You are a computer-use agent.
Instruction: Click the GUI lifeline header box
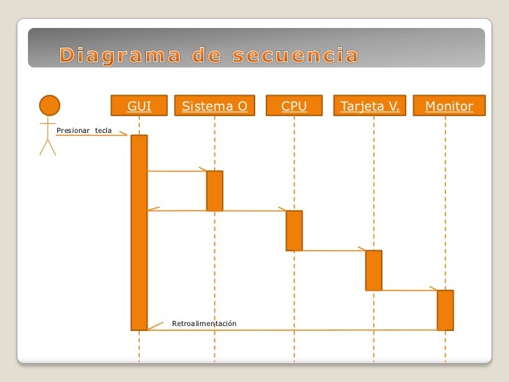tap(139, 106)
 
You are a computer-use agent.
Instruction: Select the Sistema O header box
tap(215, 106)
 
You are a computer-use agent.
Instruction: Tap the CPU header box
tap(294, 106)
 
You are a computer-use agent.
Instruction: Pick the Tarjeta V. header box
tap(370, 106)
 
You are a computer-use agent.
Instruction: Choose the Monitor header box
tap(449, 106)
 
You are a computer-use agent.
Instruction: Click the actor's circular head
tap(49, 106)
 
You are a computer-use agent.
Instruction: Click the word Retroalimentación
tap(204, 323)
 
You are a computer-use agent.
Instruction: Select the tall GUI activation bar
tap(139, 231)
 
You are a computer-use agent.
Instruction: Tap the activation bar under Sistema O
tap(215, 190)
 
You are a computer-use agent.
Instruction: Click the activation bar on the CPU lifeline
tap(294, 230)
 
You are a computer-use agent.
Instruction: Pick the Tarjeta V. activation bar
tap(373, 270)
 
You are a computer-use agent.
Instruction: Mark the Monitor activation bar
tap(445, 309)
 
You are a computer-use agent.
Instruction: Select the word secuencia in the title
tap(294, 55)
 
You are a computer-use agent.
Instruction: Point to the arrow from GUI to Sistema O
tap(176, 171)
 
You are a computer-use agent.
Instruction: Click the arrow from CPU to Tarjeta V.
tap(333, 250)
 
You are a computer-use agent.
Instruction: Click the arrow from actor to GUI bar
tap(91, 136)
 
